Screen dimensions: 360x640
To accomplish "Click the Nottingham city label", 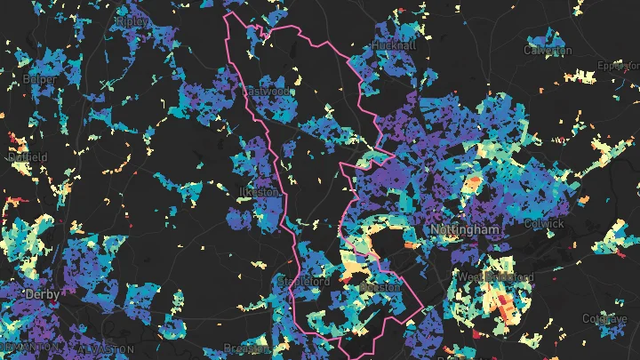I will (465, 230).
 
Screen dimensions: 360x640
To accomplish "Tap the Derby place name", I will (42, 294).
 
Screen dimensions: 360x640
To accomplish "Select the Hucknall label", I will (393, 44).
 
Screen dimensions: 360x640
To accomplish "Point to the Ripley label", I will (132, 20).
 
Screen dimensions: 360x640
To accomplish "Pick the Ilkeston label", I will (260, 192).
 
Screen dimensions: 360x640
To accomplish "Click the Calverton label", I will (548, 51).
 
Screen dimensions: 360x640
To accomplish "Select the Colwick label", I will (544, 224).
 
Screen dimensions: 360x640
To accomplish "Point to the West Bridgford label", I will (496, 278).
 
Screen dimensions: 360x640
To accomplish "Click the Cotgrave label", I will (605, 318).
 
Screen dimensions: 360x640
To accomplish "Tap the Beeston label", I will (380, 288).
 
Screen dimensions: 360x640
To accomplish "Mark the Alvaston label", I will (107, 348).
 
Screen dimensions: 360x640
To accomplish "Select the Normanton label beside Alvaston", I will (30, 347).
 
